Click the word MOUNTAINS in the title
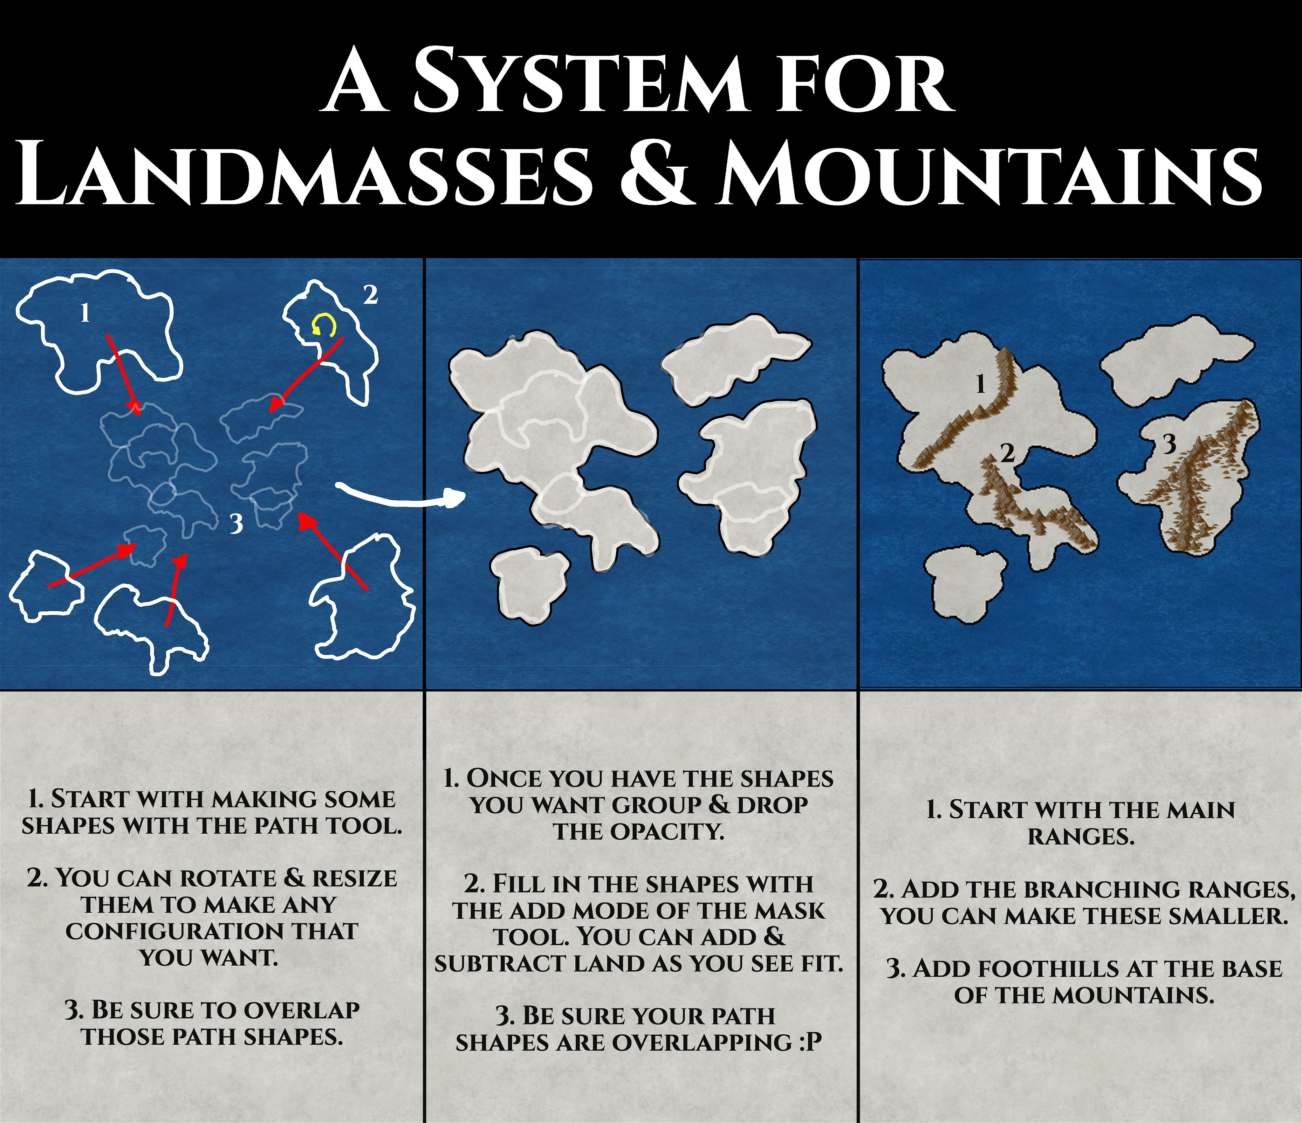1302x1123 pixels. tap(990, 173)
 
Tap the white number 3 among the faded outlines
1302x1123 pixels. tap(236, 523)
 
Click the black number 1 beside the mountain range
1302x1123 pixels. tap(980, 383)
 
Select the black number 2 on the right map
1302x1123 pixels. tap(1007, 452)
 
